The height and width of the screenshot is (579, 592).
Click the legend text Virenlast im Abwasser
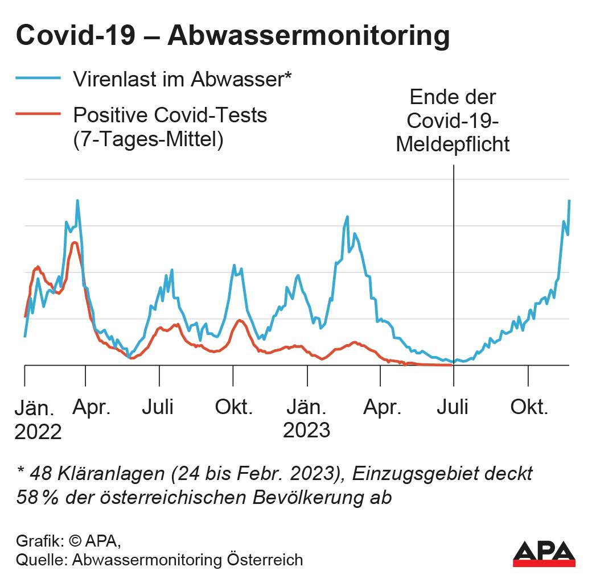[182, 79]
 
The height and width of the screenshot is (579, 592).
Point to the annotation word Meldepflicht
[453, 144]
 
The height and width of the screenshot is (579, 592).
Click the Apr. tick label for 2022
[92, 407]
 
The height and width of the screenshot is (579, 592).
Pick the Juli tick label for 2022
[158, 407]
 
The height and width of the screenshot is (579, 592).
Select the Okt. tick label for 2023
[529, 407]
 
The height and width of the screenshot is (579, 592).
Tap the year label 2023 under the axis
[306, 430]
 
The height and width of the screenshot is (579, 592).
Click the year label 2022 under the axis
[38, 432]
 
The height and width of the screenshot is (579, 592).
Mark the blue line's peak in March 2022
[77, 201]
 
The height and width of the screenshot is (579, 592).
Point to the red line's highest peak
[75, 243]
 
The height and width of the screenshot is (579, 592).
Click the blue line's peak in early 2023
[347, 217]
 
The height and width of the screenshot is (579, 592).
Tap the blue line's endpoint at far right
[569, 201]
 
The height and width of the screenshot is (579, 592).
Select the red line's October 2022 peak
[239, 320]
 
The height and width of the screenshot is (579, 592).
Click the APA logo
[544, 553]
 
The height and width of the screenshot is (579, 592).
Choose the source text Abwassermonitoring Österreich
[187, 559]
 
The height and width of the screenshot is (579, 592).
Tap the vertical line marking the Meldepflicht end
[454, 256]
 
